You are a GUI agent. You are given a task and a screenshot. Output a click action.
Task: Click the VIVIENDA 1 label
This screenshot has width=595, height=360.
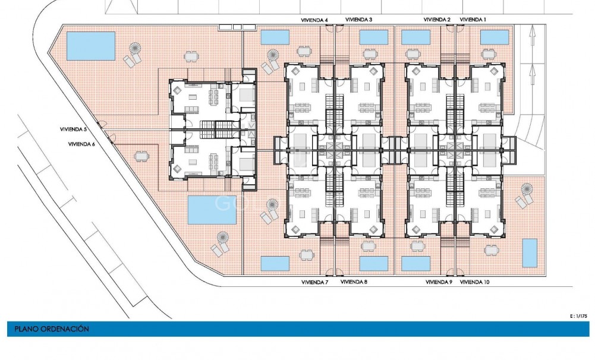[x=473, y=20]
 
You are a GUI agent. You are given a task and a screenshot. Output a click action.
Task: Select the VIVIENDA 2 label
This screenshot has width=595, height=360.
[x=437, y=20]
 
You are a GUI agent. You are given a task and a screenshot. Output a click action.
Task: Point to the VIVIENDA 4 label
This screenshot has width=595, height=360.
[x=314, y=20]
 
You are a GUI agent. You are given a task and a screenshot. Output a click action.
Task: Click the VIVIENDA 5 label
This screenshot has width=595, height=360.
[x=73, y=129]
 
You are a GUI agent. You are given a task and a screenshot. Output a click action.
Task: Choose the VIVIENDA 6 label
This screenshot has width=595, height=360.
[x=81, y=143]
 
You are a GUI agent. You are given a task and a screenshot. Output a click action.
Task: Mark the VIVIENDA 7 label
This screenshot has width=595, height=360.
[x=314, y=282]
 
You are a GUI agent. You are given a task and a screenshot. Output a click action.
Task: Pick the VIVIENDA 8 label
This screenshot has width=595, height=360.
[x=354, y=282]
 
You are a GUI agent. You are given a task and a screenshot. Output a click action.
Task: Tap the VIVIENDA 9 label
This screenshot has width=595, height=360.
[x=439, y=282]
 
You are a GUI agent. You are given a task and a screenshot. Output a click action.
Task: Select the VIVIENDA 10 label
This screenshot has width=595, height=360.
[x=475, y=282]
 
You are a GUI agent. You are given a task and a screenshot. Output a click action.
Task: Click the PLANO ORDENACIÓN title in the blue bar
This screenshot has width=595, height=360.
[x=48, y=329]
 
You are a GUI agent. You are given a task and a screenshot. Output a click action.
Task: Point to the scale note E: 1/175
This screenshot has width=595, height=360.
[x=578, y=316]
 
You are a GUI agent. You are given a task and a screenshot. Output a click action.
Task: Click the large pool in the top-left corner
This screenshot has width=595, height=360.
[x=91, y=45]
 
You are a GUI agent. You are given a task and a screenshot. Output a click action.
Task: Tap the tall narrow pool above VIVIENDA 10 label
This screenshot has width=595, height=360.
[x=528, y=253]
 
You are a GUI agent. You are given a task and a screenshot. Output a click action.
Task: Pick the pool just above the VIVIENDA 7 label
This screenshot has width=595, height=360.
[x=275, y=263]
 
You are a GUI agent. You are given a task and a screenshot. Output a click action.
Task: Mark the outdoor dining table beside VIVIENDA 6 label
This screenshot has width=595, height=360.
[x=141, y=156]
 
